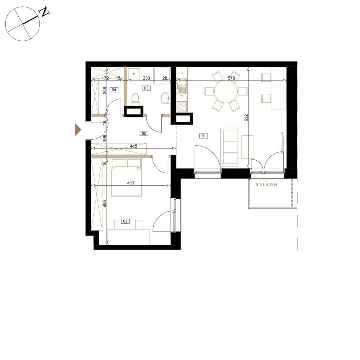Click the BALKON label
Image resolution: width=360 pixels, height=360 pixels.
pos(266,184)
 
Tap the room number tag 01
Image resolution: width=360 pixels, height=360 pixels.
pos(204,136)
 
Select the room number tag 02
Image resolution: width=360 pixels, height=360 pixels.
pos(125,221)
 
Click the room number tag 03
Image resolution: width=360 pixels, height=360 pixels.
pos(146,88)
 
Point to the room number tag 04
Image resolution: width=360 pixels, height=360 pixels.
pos(114,90)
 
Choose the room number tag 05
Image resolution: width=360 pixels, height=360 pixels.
pos(144,133)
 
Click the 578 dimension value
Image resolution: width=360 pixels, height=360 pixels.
pos(231,78)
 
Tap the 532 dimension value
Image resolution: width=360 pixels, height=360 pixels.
pos(246,118)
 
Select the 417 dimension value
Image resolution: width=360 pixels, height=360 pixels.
pos(131,183)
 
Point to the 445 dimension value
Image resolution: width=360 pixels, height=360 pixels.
pos(133,146)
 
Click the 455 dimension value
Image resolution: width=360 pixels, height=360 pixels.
pos(104,204)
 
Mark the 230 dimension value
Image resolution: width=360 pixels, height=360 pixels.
pos(146,78)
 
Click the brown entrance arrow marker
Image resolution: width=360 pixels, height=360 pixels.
pos(78,130)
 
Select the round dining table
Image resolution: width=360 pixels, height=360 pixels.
pos(226,91)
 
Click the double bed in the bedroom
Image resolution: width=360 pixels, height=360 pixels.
pos(126,178)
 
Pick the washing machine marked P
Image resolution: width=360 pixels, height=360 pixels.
pos(134,74)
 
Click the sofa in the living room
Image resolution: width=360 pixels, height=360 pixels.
pos(229,147)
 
